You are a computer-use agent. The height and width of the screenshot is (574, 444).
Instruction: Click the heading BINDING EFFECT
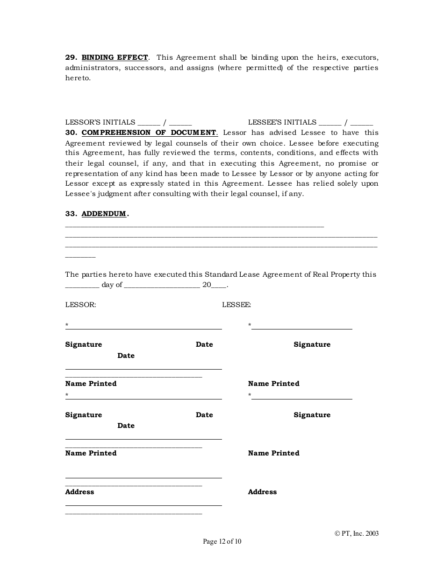tap(115, 57)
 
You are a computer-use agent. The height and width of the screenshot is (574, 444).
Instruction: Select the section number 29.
tap(71, 57)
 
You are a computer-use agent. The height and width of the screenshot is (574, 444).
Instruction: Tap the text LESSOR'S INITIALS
tap(100, 122)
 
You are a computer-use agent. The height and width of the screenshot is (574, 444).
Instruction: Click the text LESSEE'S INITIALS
tap(282, 122)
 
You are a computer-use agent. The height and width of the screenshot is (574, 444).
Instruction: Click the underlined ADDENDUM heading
tap(104, 214)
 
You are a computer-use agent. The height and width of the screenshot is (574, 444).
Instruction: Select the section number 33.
tap(71, 214)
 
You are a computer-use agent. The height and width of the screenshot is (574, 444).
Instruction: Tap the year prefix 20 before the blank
tap(207, 285)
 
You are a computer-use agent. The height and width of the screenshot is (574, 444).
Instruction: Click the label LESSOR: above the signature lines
tap(80, 305)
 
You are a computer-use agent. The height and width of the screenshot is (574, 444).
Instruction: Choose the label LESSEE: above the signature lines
tap(236, 305)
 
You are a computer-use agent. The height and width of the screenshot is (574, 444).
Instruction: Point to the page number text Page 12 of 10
tap(222, 542)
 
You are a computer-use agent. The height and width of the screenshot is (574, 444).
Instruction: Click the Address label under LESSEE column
tap(262, 492)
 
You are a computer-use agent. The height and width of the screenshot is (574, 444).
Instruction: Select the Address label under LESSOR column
tap(79, 492)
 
